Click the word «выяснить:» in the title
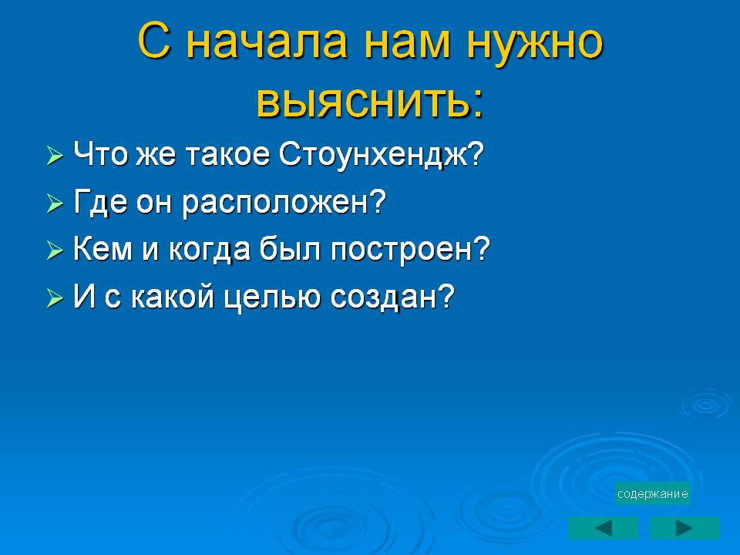click(371, 100)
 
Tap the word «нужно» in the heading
click(535, 42)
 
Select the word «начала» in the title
click(267, 42)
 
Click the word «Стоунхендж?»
click(382, 154)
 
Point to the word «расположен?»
click(284, 203)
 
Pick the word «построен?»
click(410, 248)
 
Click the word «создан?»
click(392, 296)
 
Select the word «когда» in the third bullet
click(209, 249)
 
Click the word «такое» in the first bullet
click(228, 154)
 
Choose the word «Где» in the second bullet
click(100, 202)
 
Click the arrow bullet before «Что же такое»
click(55, 156)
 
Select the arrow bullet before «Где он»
click(55, 203)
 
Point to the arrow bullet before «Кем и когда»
click(55, 251)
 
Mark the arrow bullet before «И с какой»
click(55, 298)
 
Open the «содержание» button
click(653, 493)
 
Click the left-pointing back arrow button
click(603, 528)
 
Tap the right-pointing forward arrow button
click(684, 528)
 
